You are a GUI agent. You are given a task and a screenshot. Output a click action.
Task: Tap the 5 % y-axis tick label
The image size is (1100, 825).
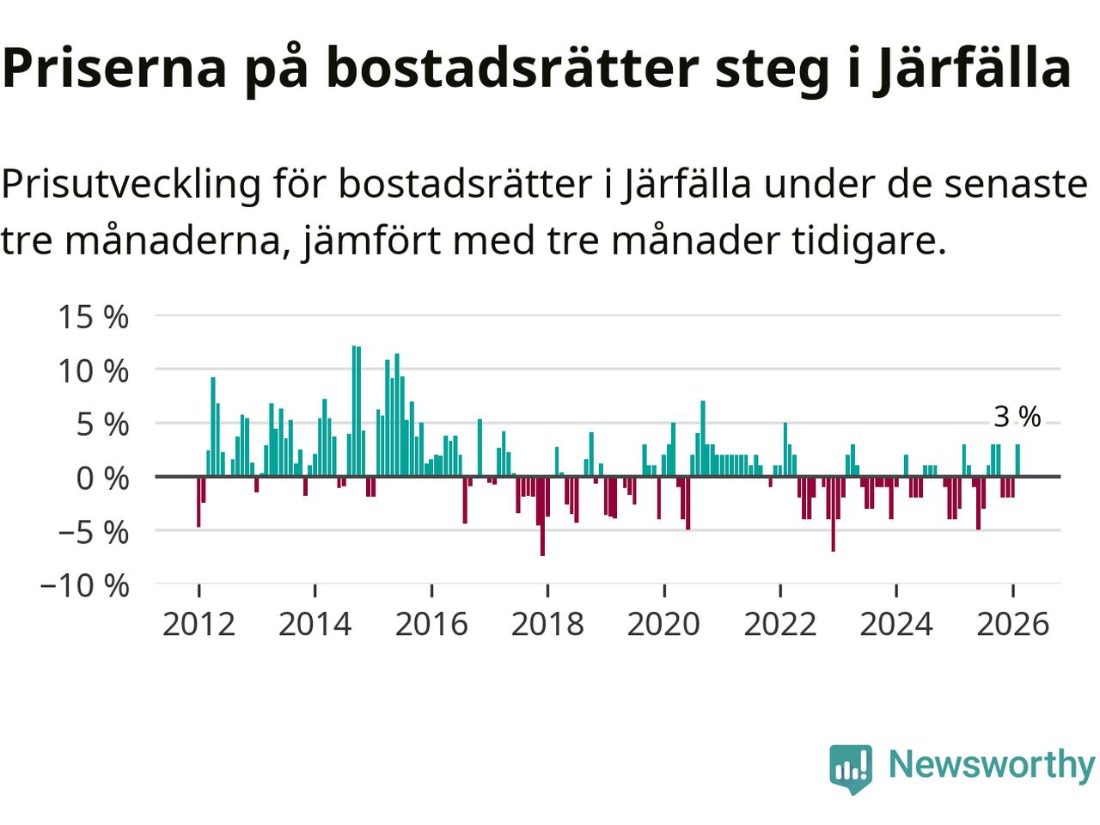coord(102,425)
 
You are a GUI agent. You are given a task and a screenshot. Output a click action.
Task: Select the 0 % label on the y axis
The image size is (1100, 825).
coord(102,479)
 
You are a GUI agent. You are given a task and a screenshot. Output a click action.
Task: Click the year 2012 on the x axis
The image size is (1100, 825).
coord(199,624)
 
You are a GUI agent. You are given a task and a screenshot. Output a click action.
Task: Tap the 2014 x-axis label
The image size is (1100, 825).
coord(315,624)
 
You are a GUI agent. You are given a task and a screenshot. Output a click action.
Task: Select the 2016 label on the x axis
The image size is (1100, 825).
coord(431,624)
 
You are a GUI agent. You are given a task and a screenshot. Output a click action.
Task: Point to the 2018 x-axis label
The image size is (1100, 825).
coord(547,624)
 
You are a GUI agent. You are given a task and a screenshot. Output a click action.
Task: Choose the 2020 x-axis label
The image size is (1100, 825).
coord(663,624)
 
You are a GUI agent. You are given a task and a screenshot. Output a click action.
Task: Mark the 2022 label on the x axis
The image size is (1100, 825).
coord(779,624)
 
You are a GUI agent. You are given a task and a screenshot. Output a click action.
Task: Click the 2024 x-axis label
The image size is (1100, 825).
coord(895,624)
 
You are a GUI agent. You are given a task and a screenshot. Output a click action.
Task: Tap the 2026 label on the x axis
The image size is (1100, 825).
coord(1012,624)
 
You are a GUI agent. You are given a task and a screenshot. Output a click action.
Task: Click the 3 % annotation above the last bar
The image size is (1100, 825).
coord(1017,418)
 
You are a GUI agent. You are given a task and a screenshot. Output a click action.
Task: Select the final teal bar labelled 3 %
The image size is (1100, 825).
coord(1017,460)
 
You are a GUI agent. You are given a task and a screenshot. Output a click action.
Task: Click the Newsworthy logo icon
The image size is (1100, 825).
coord(850,767)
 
